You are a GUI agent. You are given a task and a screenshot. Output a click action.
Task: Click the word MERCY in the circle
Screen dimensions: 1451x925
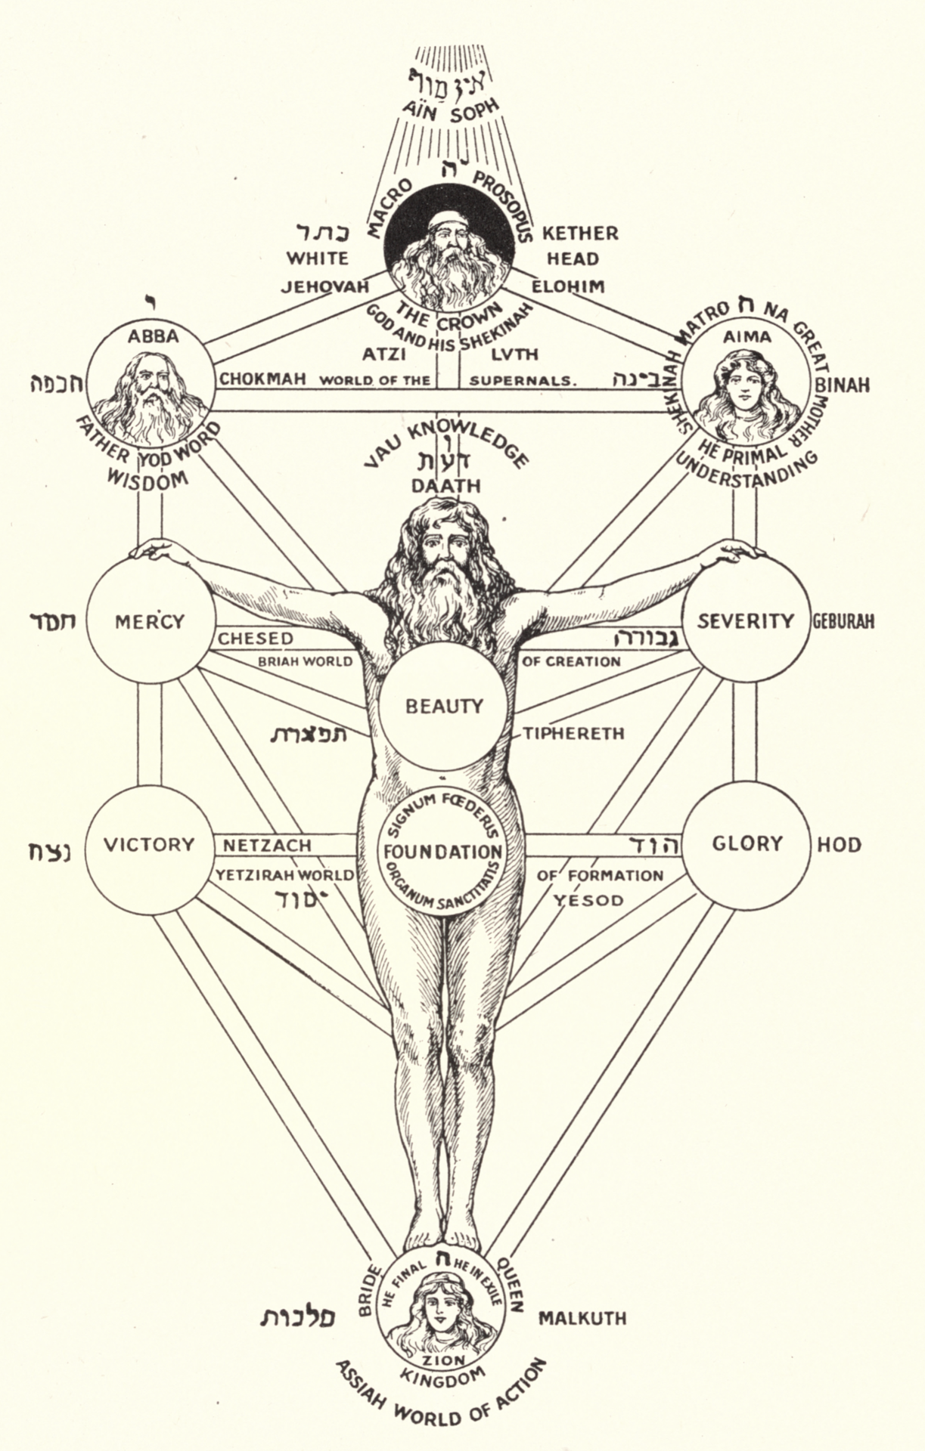coord(149,621)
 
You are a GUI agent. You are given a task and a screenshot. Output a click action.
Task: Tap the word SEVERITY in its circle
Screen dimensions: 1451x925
coord(745,621)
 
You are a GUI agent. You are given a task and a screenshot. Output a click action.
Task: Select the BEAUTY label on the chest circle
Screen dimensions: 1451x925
coord(444,706)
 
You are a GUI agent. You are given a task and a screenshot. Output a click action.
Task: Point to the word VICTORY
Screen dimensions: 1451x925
coord(148,844)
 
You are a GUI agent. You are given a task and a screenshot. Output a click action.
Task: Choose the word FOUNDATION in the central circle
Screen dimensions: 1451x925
coord(442,852)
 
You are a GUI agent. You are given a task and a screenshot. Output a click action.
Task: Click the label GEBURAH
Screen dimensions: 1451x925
coord(843,621)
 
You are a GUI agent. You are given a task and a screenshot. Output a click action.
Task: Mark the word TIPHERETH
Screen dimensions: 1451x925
coord(573,733)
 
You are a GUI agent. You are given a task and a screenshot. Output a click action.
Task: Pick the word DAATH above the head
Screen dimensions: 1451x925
coord(445,485)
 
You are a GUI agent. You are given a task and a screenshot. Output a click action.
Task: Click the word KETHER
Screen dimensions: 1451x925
coord(580,233)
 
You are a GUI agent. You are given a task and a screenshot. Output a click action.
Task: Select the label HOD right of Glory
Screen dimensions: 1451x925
coord(839,844)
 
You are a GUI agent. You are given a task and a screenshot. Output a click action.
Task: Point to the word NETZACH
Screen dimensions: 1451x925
coord(266,845)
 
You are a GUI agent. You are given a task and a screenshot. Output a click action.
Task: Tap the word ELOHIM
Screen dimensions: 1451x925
coord(568,286)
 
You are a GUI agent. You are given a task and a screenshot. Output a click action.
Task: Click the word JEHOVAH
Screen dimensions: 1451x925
coord(324,287)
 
